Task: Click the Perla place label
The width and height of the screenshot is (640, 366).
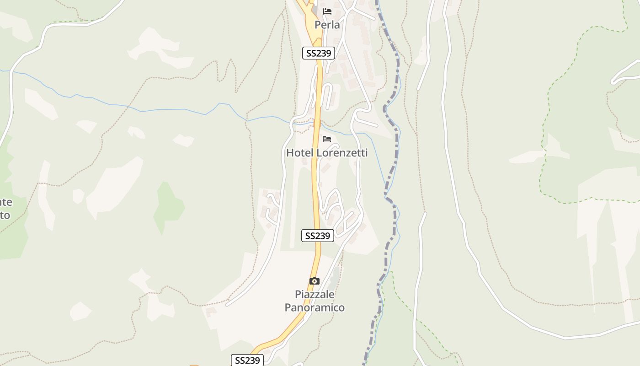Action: point(327,25)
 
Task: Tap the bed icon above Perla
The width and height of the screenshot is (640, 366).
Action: point(327,11)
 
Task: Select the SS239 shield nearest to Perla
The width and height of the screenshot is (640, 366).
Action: point(319,53)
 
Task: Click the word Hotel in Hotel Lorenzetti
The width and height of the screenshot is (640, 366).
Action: point(299,153)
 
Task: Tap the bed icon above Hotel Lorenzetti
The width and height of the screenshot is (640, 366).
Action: point(327,139)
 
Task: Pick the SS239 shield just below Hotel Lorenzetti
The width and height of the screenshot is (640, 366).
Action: point(318,236)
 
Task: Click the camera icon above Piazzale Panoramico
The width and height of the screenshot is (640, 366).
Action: point(315,281)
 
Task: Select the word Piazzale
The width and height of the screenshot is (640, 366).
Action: point(315,295)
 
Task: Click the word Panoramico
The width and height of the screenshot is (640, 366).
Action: point(315,307)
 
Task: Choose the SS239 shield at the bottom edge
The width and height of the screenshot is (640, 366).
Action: point(247,360)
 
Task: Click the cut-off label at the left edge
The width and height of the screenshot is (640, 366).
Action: point(5,208)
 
